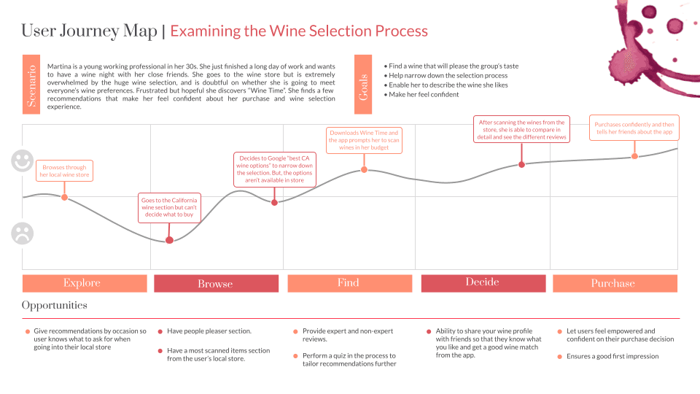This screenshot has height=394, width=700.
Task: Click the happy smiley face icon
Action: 23,161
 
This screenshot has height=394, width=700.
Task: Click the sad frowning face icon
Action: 23,233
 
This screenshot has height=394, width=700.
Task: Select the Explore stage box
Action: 82,283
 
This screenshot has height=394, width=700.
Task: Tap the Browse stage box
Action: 216,284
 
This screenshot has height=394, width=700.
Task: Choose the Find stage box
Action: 349,283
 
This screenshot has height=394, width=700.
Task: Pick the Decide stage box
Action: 483,283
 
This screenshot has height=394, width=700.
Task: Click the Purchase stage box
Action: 614,283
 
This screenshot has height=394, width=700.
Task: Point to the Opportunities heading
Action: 55,305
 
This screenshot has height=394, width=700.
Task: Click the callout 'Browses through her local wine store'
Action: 64,171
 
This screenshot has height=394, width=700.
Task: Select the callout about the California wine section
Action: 169,208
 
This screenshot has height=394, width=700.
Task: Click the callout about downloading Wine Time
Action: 364,140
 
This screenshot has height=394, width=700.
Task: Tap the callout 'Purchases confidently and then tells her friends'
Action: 634,128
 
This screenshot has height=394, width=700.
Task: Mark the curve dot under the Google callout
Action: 274,202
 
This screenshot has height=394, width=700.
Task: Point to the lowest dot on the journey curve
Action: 169,240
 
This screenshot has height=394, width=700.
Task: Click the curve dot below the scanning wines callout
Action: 521,165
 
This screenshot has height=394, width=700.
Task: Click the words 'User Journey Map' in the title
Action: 89,31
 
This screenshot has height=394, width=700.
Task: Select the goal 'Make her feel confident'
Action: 424,95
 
